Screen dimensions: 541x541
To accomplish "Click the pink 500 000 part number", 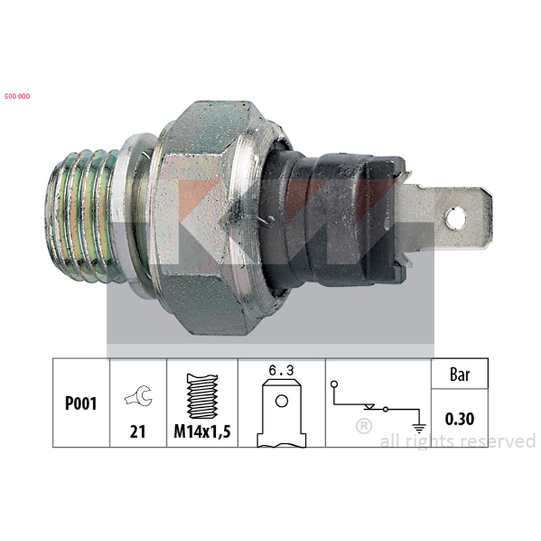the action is (18, 96).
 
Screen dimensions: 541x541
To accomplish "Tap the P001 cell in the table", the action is (81, 403).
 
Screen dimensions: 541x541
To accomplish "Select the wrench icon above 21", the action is (139, 396).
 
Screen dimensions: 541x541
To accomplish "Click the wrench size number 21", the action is (138, 431).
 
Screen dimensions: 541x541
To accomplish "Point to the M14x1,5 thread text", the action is (202, 431).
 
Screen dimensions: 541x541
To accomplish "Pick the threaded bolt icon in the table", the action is (202, 396).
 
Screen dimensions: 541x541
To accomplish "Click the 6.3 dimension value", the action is (281, 371).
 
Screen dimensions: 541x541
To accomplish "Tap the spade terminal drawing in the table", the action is (281, 413).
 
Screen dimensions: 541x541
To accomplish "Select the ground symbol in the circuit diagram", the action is (419, 428).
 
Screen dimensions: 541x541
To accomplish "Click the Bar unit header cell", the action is (460, 374).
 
